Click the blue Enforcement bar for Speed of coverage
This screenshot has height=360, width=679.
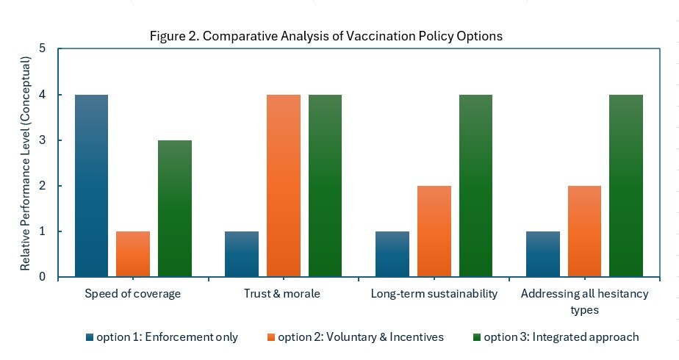pos(91,186)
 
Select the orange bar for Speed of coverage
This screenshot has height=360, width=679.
pos(133,254)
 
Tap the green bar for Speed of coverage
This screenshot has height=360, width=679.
pos(175,209)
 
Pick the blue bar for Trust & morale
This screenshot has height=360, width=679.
pos(242,254)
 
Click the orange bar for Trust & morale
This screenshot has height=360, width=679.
pos(284,186)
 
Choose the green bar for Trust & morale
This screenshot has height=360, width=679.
pos(325,186)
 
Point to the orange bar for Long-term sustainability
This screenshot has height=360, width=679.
pos(434,231)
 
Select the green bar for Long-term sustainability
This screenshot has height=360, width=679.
pos(475,186)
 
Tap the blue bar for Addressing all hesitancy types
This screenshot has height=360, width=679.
pos(542,254)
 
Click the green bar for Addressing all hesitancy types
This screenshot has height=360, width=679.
pos(626,186)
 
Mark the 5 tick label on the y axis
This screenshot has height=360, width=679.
pos(42,49)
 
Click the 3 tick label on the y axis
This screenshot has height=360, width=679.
pos(42,140)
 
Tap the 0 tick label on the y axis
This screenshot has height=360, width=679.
pos(42,277)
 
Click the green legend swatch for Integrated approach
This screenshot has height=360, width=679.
pos(477,338)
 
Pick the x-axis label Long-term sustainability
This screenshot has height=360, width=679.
pos(434,294)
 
